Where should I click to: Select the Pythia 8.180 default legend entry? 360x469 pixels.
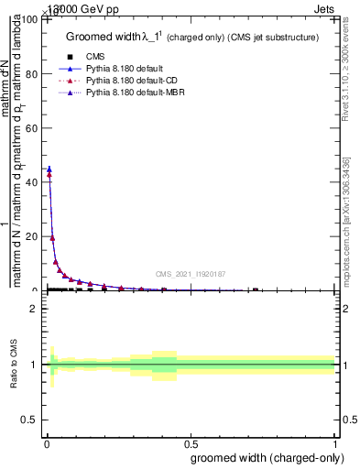coord(125,69)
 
